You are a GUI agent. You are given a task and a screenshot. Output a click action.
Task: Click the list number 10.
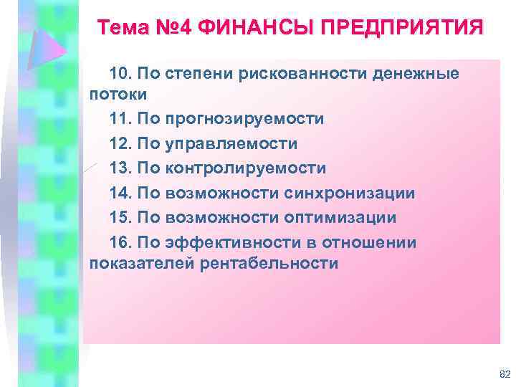pyautogui.click(x=120, y=74)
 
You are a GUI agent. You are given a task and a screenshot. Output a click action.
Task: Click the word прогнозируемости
pyautogui.click(x=244, y=118)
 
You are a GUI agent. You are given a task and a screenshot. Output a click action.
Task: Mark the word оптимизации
pyautogui.click(x=345, y=217)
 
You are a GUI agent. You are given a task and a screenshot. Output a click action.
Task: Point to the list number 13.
pyautogui.click(x=120, y=168)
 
